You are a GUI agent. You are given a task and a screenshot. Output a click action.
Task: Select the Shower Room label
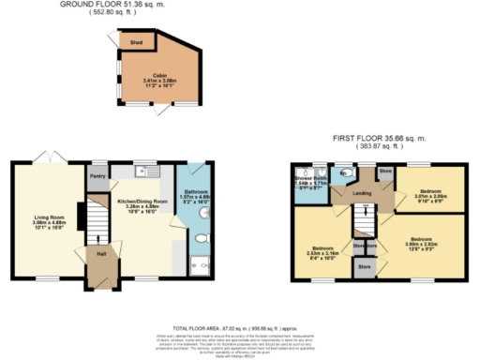(x=310, y=178)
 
